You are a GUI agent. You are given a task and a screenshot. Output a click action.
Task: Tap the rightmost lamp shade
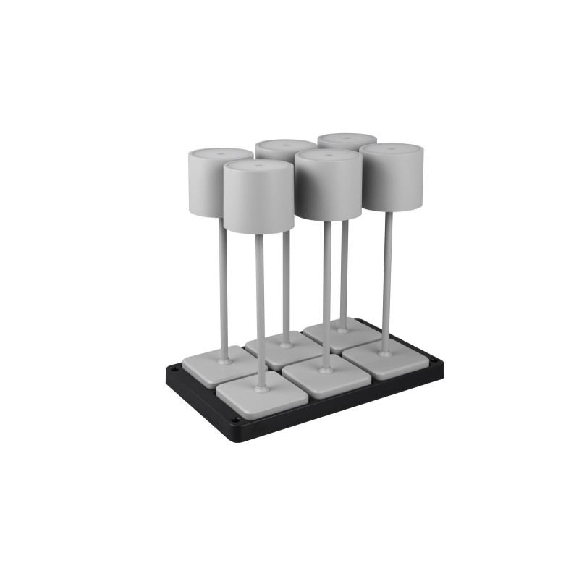click(x=392, y=179)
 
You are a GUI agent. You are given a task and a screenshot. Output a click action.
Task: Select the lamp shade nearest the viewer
click(x=258, y=199)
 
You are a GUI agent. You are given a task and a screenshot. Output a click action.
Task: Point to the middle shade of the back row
click(x=284, y=148)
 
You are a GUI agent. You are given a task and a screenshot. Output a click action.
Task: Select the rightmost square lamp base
click(x=391, y=358)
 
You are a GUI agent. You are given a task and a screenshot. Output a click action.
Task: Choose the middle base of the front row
click(x=326, y=376)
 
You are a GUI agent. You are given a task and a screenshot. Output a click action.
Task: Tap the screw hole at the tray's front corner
click(x=234, y=419)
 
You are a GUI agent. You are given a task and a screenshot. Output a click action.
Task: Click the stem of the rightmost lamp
click(x=388, y=282)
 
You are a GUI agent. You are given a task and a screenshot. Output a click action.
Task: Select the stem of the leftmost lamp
click(x=223, y=289)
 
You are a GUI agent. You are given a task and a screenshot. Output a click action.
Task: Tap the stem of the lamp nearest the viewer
click(x=260, y=311)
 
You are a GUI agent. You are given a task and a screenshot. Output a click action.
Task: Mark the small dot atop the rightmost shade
click(x=392, y=148)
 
